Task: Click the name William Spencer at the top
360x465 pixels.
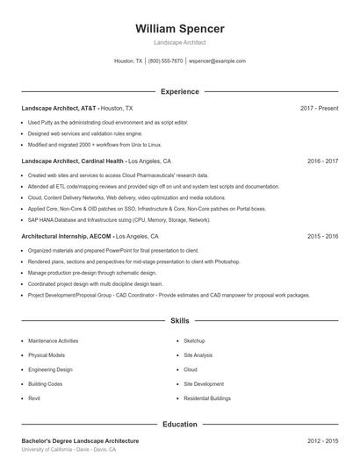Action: coord(179,29)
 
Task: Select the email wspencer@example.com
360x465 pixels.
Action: coord(217,61)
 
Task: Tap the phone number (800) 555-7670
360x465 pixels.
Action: coord(166,61)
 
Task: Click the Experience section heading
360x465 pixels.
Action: coord(179,91)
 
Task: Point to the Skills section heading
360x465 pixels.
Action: coord(179,321)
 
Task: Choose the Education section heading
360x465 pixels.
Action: coord(179,425)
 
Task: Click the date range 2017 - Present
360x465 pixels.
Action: coord(319,108)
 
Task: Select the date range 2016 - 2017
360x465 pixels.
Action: coord(322,161)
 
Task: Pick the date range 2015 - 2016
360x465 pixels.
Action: coord(322,236)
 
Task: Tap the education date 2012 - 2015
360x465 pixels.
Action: coord(322,440)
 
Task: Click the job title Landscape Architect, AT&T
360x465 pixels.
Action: coord(59,108)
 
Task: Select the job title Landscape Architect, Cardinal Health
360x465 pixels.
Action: coord(74,161)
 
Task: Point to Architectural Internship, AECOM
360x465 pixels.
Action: coord(67,236)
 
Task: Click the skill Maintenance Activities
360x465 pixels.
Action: coord(53,340)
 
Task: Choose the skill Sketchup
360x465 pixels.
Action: coord(194,340)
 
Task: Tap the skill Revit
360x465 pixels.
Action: coord(34,398)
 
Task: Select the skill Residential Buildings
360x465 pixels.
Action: coord(206,398)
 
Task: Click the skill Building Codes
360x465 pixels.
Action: coord(45,383)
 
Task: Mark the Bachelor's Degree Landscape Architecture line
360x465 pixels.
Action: coord(80,440)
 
